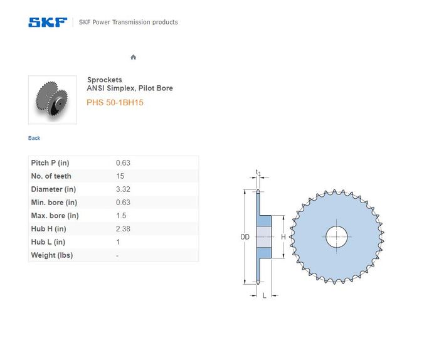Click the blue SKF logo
tap(48, 23)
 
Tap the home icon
tap(133, 57)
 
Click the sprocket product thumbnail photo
tap(53, 100)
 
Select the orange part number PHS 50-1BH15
tap(115, 102)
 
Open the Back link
tap(34, 138)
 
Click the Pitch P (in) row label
tap(50, 163)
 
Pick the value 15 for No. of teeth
tap(120, 176)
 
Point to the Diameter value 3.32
tap(123, 189)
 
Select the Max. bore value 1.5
tap(121, 216)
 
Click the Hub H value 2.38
tap(123, 229)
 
